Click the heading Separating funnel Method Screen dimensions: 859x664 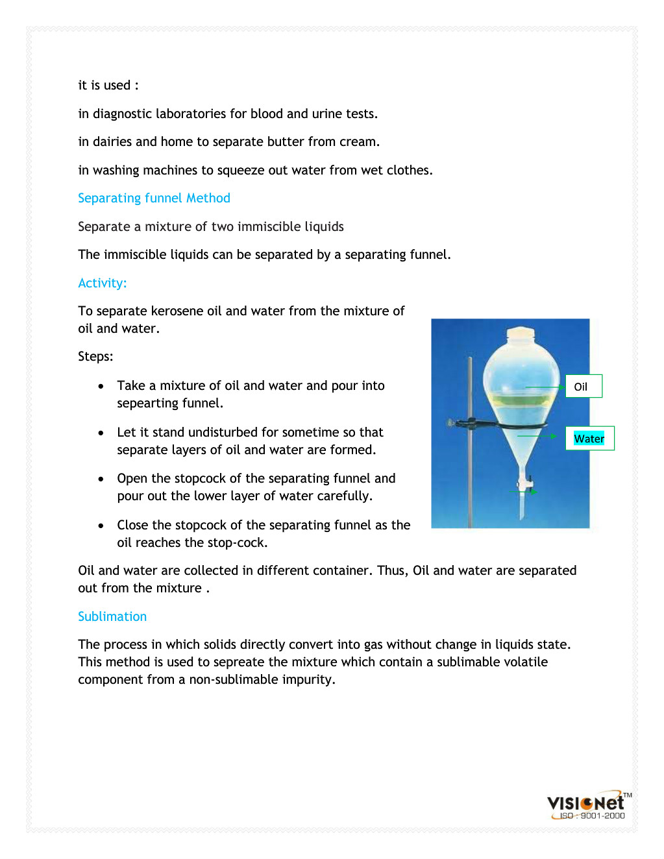pyautogui.click(x=154, y=199)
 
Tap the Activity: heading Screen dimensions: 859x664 pyautogui.click(x=102, y=284)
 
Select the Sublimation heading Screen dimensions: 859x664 pyautogui.click(x=112, y=617)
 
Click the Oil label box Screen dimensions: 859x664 pyautogui.click(x=584, y=387)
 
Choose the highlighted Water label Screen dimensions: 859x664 pyautogui.click(x=589, y=439)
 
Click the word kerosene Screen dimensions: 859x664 pyautogui.click(x=177, y=311)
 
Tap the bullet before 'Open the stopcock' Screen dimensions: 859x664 pyautogui.click(x=101, y=479)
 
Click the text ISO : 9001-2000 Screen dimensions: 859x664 pyautogui.click(x=592, y=816)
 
